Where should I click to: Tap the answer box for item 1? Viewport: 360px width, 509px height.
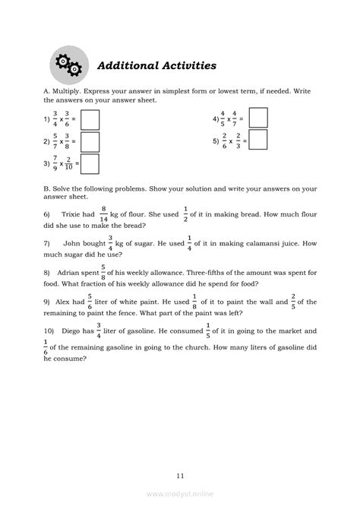[90, 120]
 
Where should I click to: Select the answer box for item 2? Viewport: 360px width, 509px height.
[90, 142]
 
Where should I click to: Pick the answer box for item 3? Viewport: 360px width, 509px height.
[90, 164]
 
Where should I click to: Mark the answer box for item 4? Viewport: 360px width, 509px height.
[258, 118]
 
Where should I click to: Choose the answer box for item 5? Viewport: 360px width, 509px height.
[258, 140]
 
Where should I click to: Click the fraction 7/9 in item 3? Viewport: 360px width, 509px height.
[55, 163]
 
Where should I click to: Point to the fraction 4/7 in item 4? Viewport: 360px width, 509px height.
[234, 119]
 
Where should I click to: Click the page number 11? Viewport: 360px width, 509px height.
[179, 476]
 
